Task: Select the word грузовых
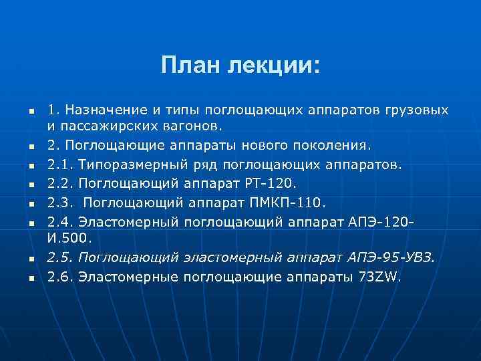[x=419, y=109]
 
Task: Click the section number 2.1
[x=59, y=163]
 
